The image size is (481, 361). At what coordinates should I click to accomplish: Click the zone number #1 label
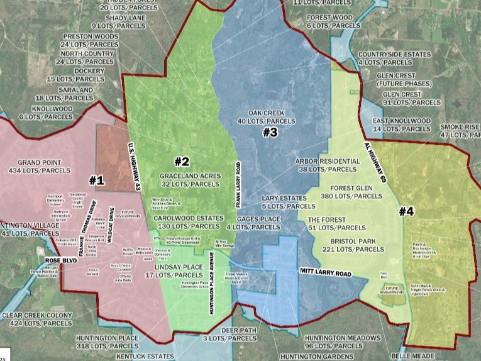tap(96, 181)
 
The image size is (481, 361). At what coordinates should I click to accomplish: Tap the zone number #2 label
tap(182, 162)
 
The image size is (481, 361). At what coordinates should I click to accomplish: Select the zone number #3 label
tap(270, 132)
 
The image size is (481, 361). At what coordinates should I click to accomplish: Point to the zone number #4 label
tap(406, 211)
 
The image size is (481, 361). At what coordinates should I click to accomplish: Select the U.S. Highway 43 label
tap(134, 166)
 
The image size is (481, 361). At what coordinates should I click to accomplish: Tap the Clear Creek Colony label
tap(36, 319)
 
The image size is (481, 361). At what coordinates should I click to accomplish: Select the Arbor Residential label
tap(327, 165)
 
